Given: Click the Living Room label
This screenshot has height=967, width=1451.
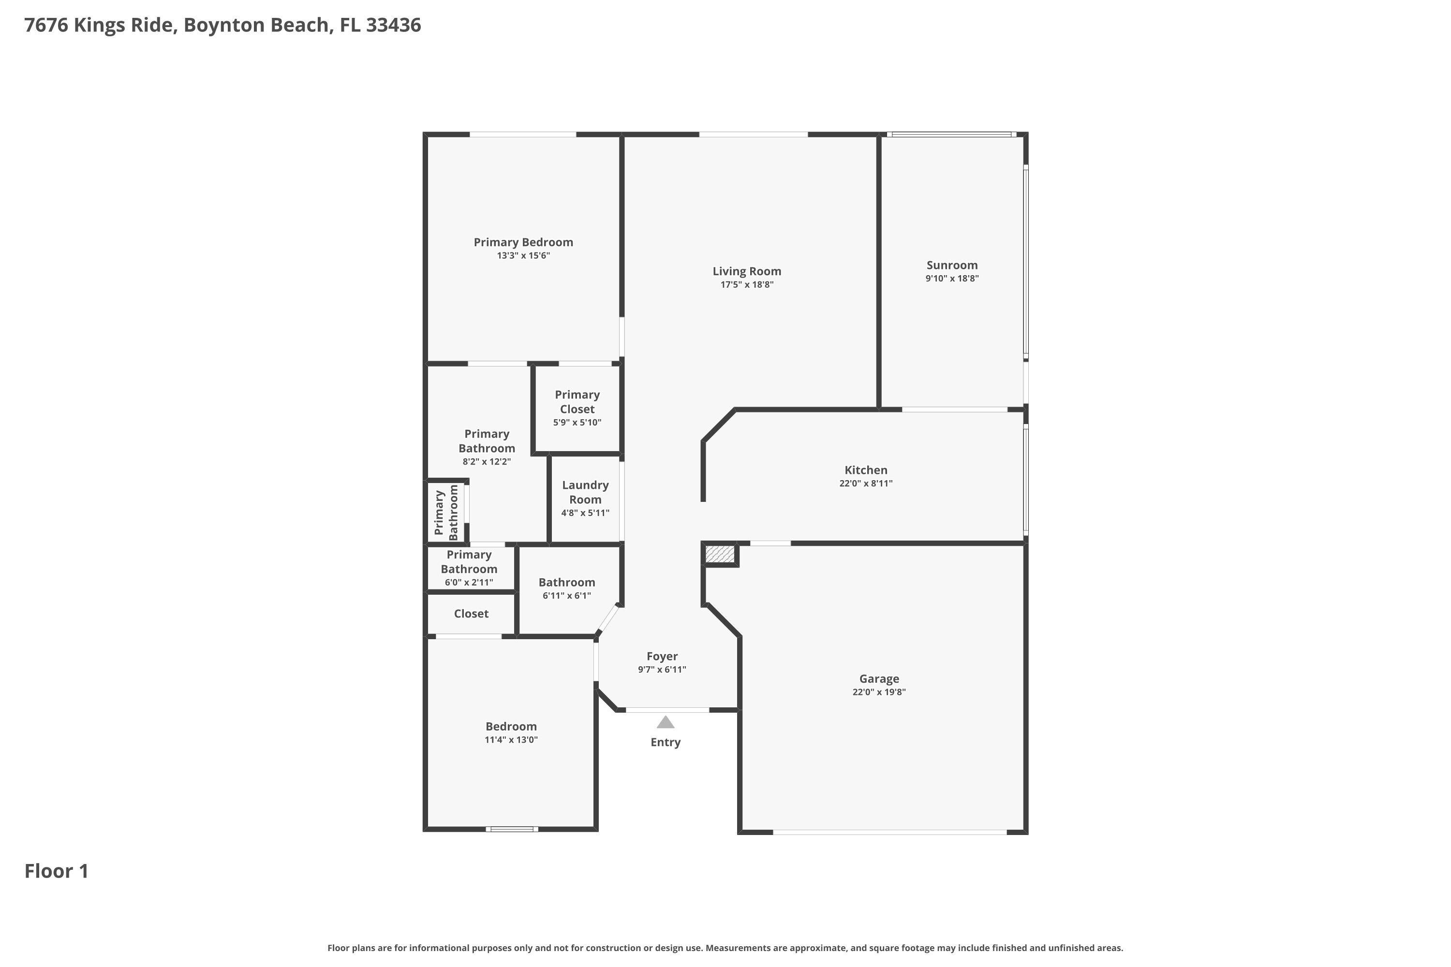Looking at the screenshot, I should click(746, 271).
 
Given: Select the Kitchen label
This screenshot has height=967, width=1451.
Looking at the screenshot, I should click(866, 470).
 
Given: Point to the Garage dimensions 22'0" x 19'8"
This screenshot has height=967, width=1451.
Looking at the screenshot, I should click(878, 692).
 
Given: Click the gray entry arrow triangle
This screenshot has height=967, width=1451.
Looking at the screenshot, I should click(665, 722).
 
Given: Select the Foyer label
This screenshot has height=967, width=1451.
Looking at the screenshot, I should click(662, 656).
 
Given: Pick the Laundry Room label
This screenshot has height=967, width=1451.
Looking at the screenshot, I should click(585, 493).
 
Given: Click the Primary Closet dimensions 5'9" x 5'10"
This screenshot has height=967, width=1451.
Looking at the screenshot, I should click(577, 423).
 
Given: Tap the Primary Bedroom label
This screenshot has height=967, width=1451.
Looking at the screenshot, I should click(523, 242).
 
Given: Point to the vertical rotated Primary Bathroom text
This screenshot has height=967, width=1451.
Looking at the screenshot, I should click(446, 513).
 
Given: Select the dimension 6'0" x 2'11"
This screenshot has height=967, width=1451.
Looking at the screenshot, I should click(469, 583).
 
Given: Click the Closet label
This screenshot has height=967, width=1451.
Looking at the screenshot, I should click(471, 614).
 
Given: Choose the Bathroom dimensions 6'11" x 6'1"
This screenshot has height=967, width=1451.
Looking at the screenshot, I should click(566, 596).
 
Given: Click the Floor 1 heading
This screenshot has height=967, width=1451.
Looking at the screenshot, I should click(56, 871).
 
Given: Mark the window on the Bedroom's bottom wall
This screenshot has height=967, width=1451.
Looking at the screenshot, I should click(511, 829).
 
